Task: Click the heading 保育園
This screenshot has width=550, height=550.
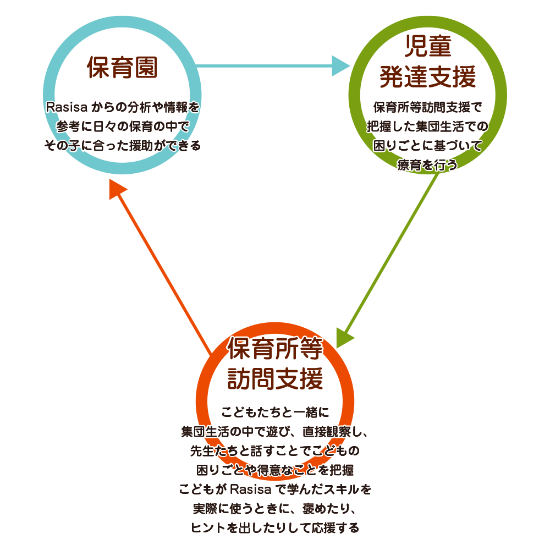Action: click(122, 68)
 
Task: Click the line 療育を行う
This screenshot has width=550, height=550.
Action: click(427, 165)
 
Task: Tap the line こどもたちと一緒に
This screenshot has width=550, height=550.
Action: click(275, 411)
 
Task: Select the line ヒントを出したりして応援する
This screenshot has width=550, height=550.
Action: click(275, 528)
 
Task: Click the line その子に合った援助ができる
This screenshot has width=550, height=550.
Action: click(122, 146)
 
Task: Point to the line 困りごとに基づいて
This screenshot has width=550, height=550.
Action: click(427, 146)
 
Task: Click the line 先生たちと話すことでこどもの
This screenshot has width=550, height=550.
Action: click(275, 451)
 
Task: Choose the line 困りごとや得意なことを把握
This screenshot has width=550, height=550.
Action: click(275, 470)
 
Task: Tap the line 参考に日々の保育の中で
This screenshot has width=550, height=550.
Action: click(122, 126)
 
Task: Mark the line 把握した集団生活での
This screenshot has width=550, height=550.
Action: click(427, 126)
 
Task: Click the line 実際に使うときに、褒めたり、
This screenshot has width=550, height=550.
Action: click(275, 508)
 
